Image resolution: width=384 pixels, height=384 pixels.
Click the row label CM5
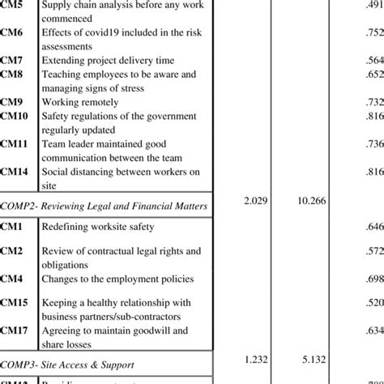coord(12,6)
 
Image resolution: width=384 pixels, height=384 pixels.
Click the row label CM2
coord(12,251)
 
